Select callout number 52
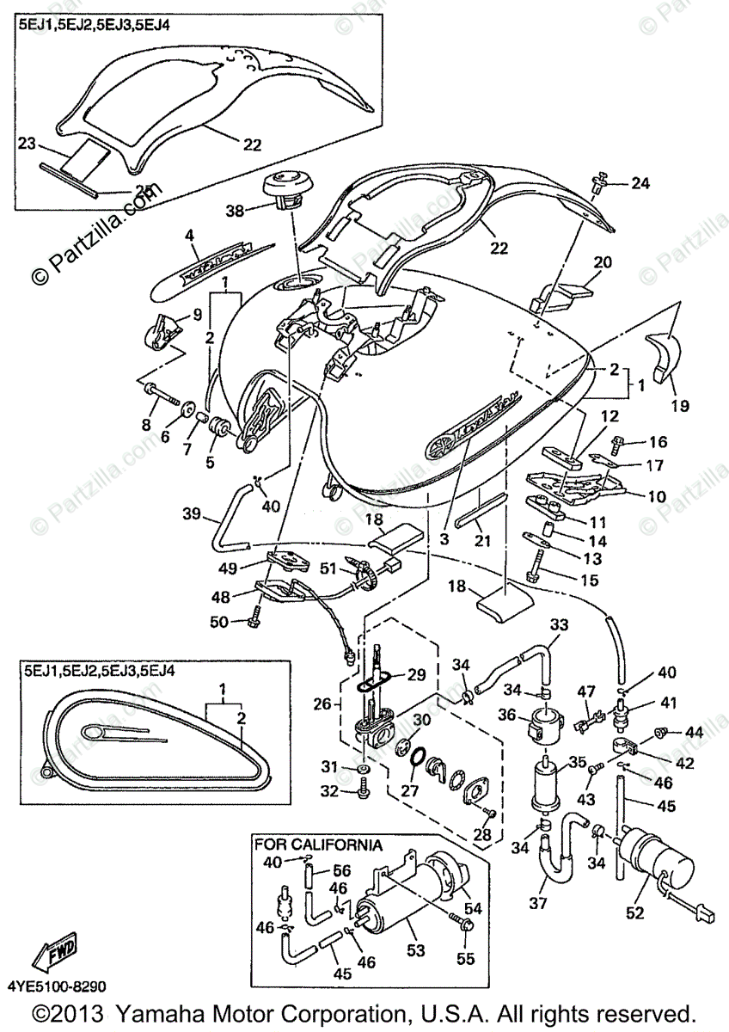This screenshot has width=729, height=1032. [x=634, y=913]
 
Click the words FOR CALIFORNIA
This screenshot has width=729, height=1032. [x=318, y=845]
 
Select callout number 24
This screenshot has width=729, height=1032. [x=641, y=182]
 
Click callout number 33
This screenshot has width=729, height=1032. [x=559, y=623]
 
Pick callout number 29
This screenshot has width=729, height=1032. [x=416, y=673]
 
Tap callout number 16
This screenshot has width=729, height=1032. [x=658, y=442]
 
